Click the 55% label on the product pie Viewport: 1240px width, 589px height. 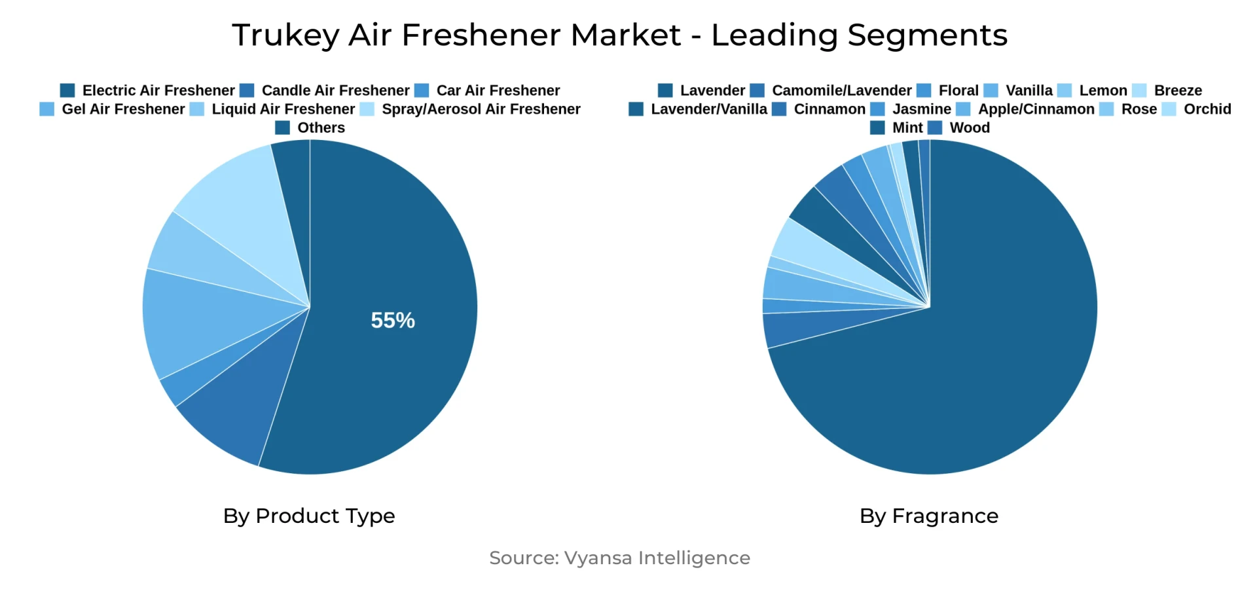[x=393, y=320]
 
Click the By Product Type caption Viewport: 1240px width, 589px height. [x=309, y=516]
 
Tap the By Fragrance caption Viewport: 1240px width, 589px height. [x=929, y=516]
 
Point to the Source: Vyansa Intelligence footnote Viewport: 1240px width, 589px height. [x=619, y=558]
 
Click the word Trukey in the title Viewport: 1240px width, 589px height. [x=285, y=35]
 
